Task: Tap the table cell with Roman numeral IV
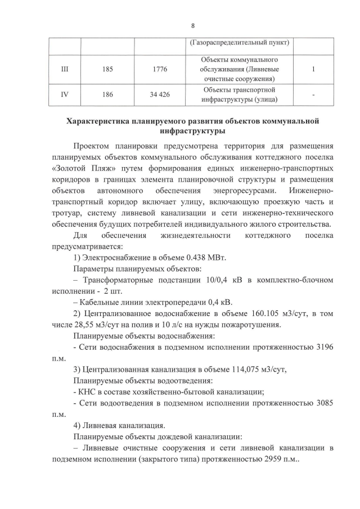click(x=64, y=94)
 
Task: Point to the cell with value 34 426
click(x=160, y=94)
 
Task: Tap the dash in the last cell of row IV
click(x=313, y=95)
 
